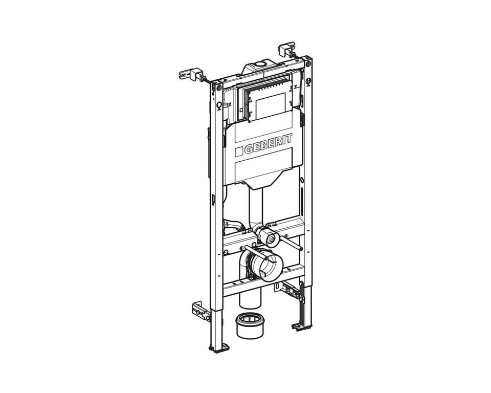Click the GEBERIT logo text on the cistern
[268, 143]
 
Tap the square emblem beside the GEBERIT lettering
[239, 151]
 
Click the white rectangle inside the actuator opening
[271, 106]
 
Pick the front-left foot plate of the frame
[219, 348]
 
